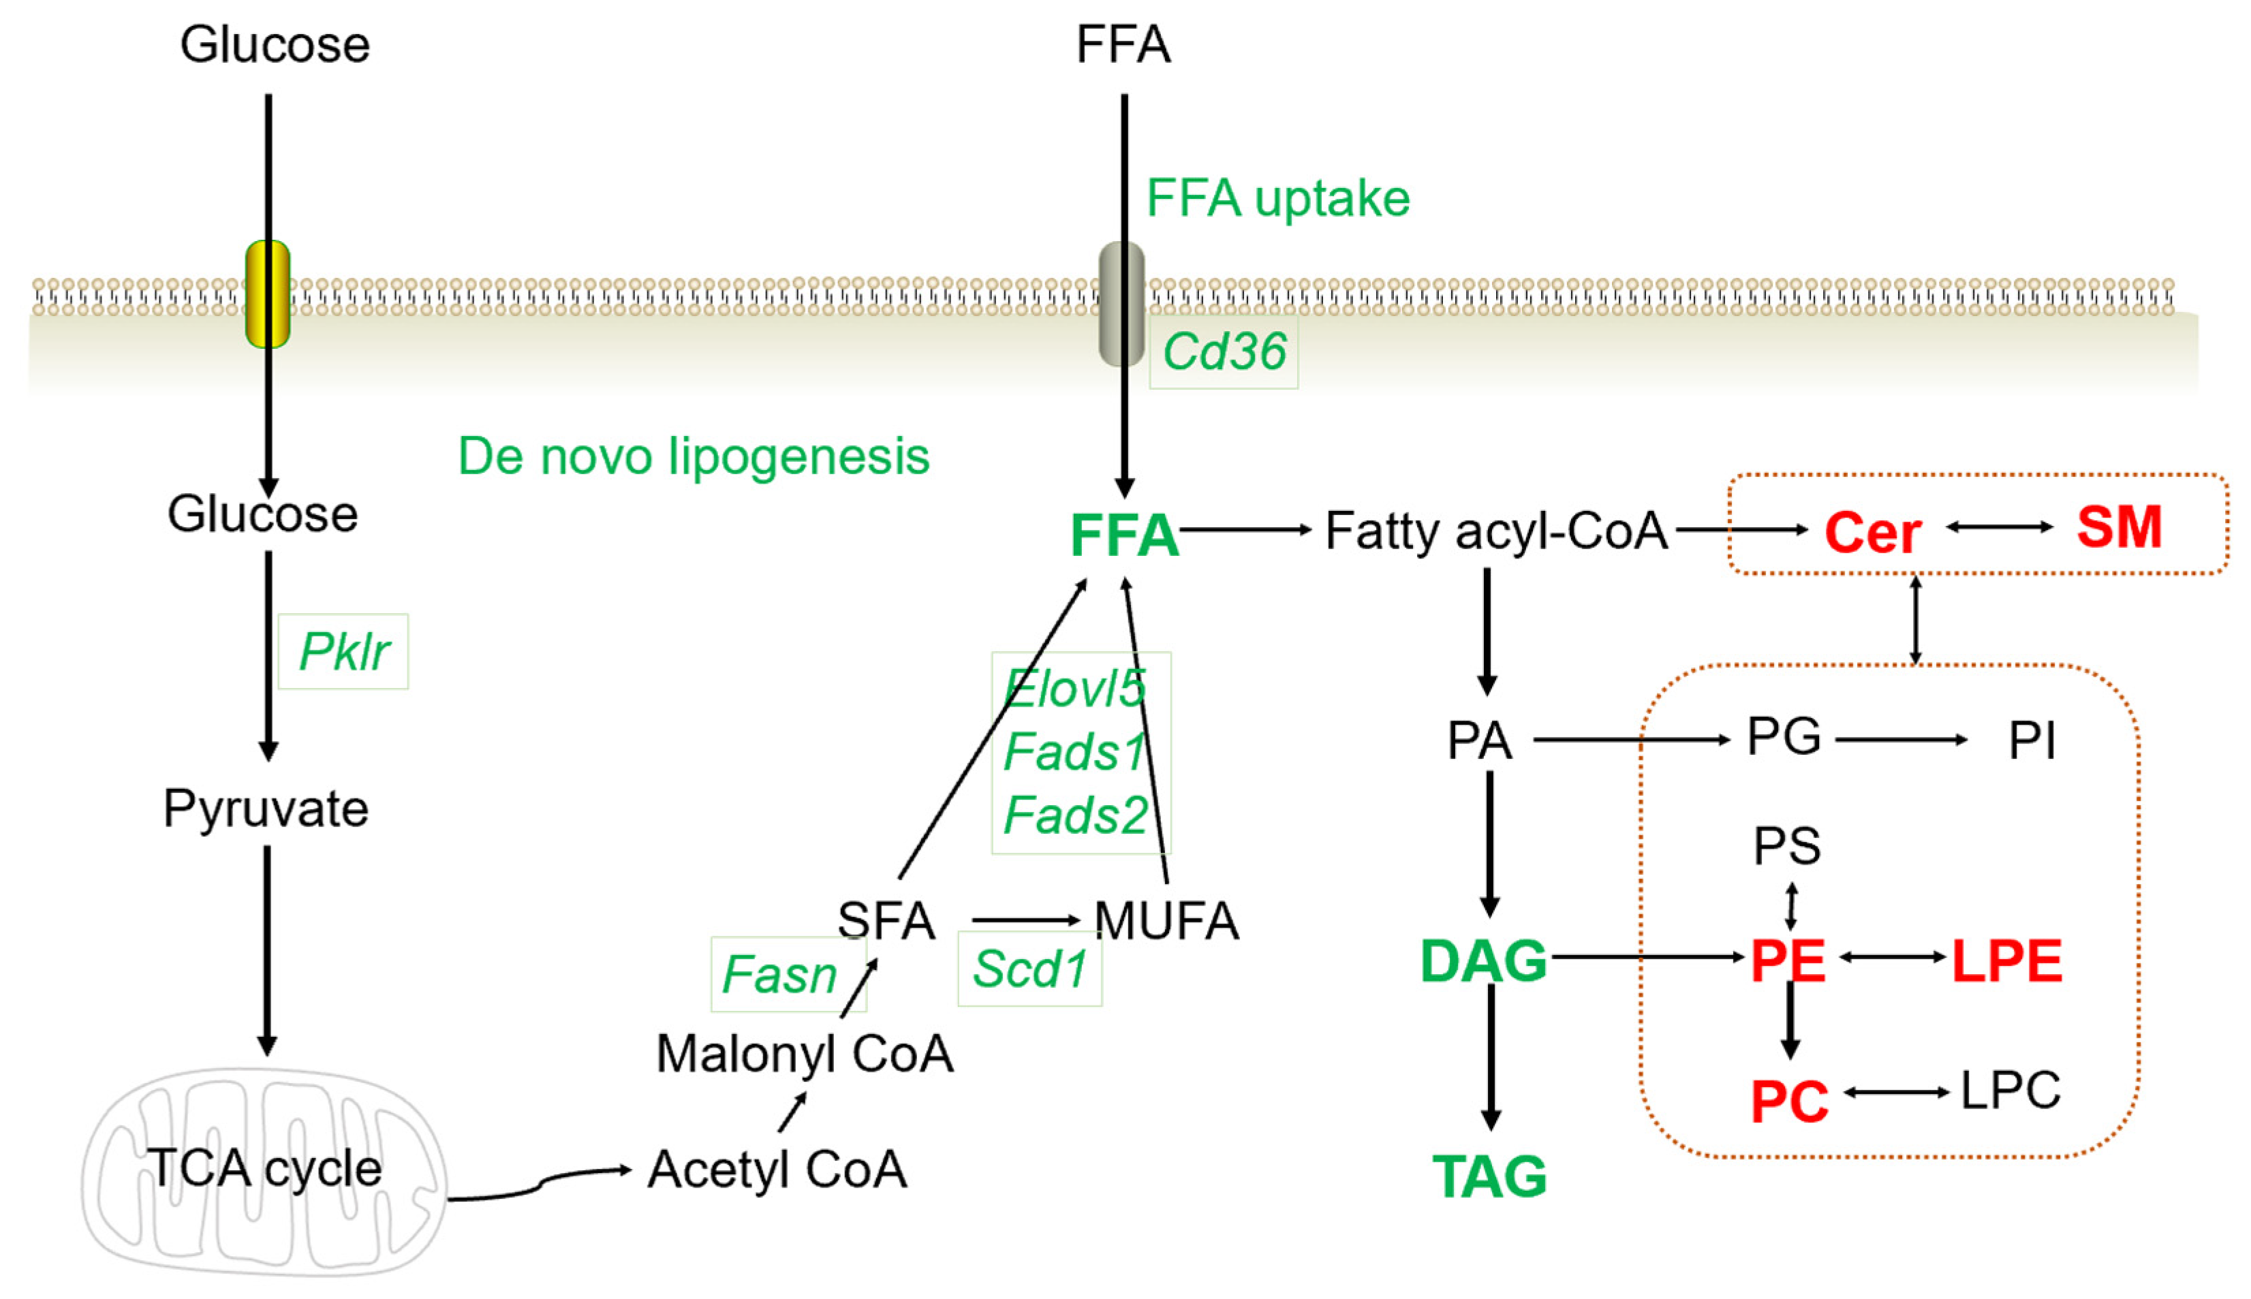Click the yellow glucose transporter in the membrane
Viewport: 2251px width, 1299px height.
tap(268, 294)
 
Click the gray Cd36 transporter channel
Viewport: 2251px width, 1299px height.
tap(1121, 303)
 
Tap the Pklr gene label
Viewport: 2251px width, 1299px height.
tap(343, 651)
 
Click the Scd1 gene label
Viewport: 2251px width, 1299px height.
tap(1029, 969)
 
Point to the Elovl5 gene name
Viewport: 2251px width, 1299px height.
tap(1075, 689)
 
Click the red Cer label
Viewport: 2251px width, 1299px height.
tap(1872, 533)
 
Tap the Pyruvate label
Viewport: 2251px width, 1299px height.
tap(266, 809)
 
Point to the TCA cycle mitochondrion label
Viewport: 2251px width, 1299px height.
tap(265, 1168)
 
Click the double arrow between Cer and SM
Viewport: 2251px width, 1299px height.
tap(2000, 527)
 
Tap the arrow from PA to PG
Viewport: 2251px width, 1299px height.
tap(1630, 740)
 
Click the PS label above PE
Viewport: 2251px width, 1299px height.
tap(1787, 846)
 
